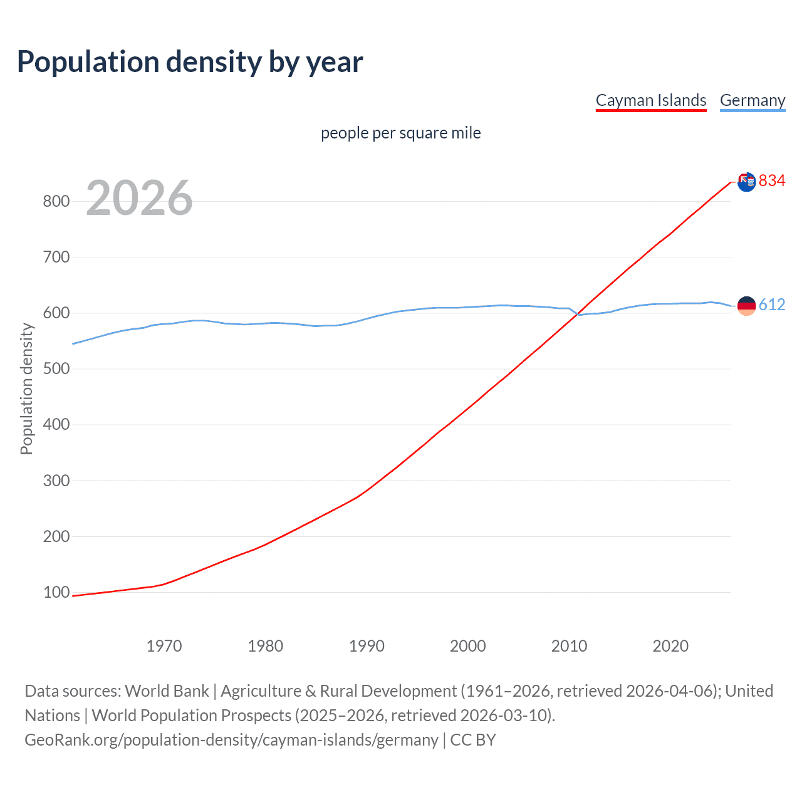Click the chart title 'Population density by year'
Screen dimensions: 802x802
[190, 62]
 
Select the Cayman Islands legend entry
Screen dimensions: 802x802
[650, 100]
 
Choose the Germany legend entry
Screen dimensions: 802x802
[752, 100]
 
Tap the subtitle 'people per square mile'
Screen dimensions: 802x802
[400, 133]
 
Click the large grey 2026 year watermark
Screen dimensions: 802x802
[139, 198]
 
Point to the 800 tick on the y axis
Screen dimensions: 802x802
[56, 201]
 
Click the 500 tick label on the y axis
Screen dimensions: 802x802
[56, 368]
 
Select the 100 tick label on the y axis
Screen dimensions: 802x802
[56, 592]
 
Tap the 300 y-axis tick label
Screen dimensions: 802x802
[56, 481]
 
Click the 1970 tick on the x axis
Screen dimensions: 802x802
[164, 646]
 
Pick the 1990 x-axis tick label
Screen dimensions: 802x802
[367, 646]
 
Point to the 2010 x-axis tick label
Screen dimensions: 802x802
[569, 646]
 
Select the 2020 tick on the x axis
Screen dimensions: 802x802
[670, 646]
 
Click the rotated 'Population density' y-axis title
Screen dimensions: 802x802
[26, 388]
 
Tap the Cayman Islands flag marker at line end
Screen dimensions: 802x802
[746, 182]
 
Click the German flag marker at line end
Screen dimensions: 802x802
[746, 306]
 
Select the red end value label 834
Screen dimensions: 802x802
[772, 181]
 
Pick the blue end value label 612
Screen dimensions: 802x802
[772, 305]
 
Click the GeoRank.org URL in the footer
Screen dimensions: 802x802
[231, 740]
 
